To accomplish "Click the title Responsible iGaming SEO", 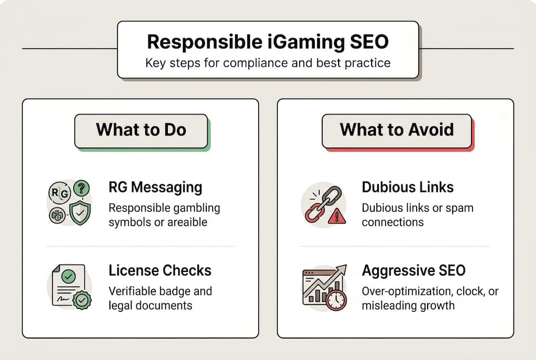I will point(268,42).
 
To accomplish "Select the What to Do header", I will point(141,130).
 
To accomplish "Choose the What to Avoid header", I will point(397,130).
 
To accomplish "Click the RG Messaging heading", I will point(155,187).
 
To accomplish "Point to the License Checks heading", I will point(160,270).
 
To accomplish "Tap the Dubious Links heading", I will point(408,187).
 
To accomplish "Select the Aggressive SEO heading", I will point(414,270).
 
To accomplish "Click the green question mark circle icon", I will point(81,189).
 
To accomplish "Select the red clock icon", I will point(336,300).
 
